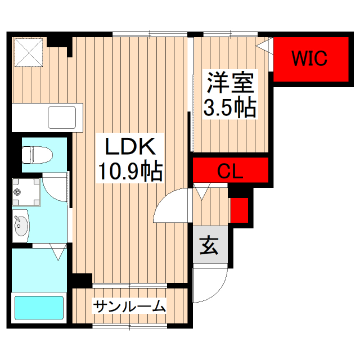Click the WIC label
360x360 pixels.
309,58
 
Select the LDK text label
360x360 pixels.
131,147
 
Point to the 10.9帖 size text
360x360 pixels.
131,170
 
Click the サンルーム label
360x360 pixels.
130,307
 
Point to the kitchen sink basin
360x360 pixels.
61,118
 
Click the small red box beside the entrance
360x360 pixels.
238,209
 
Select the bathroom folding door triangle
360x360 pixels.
57,252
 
